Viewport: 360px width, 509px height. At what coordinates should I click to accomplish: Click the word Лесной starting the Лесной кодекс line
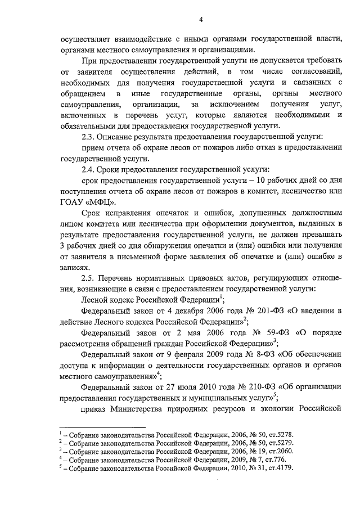click(94, 300)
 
